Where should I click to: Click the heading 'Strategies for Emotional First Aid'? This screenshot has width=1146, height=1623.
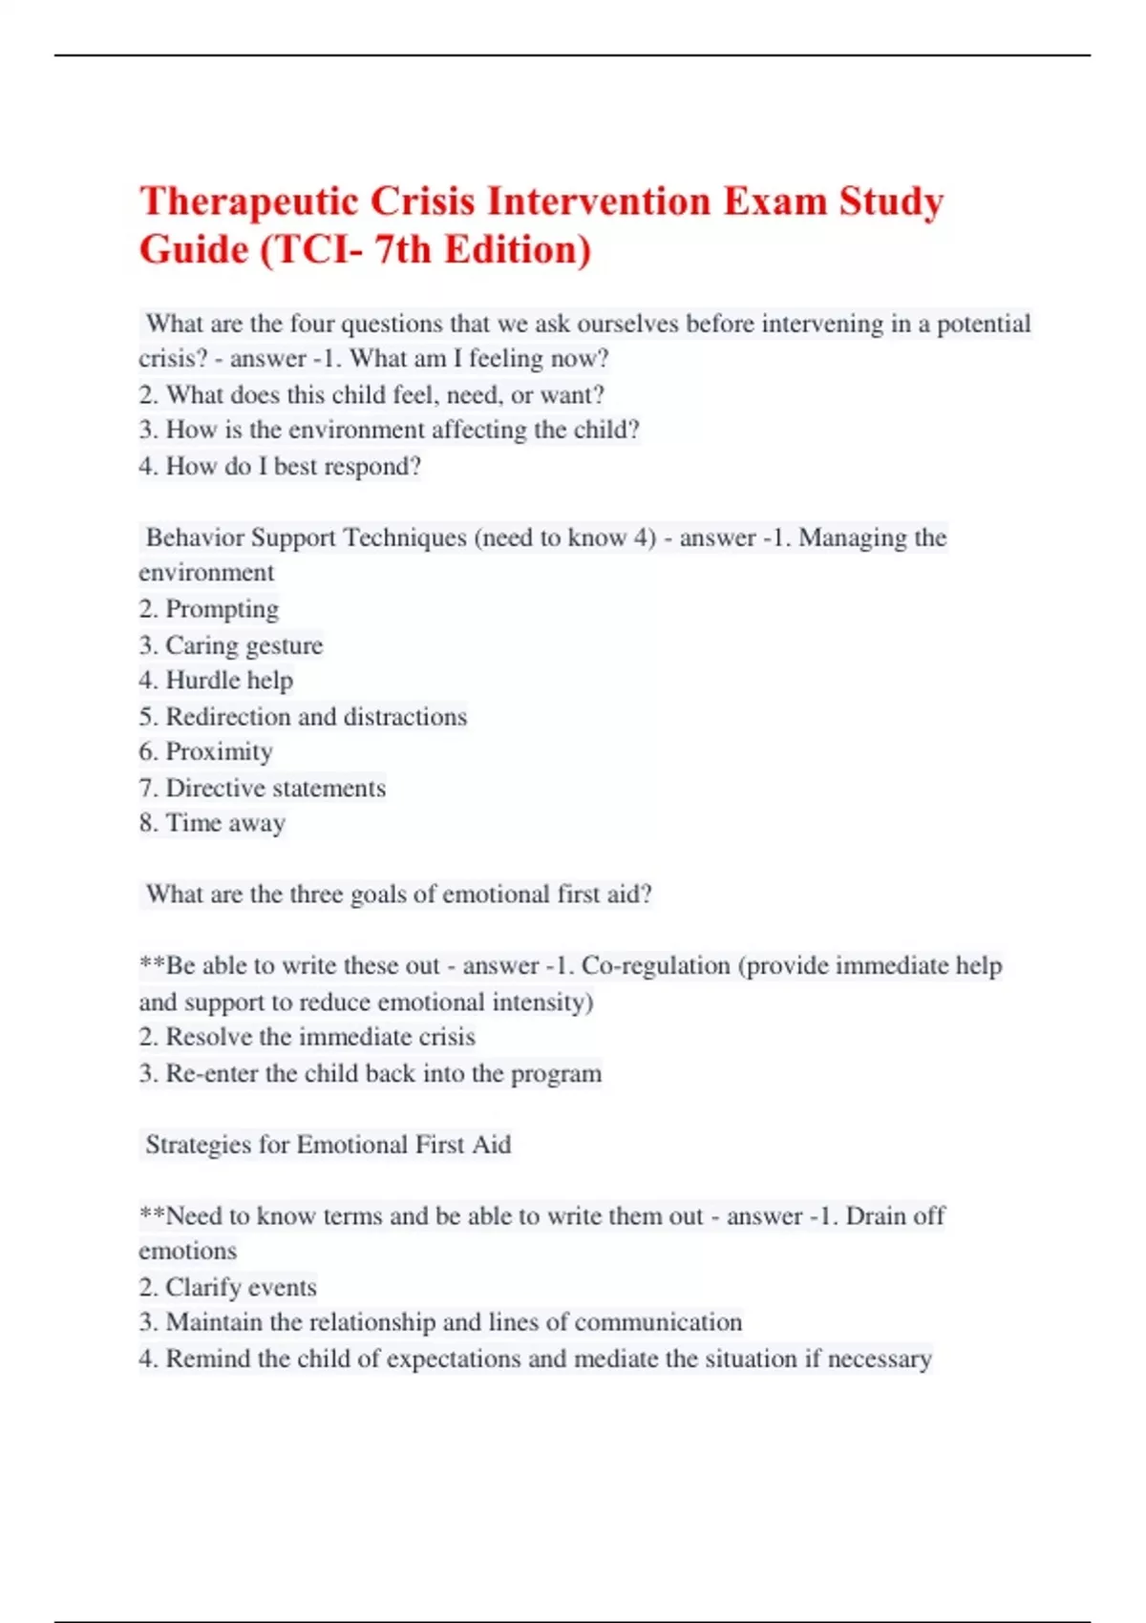tap(328, 1145)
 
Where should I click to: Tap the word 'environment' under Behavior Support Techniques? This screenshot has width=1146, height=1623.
tap(206, 573)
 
